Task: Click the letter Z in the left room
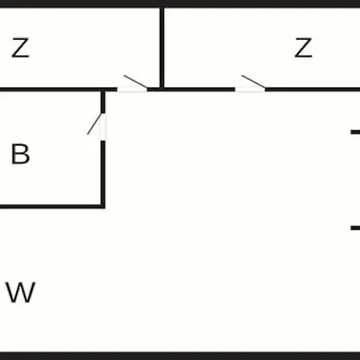point(20,48)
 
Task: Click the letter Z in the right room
point(303,48)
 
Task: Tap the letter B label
point(20,154)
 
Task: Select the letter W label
point(21,292)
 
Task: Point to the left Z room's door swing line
point(136,82)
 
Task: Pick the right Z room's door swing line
point(254,82)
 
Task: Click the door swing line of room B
point(94,124)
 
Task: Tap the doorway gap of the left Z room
point(132,90)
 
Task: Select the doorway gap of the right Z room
point(250,90)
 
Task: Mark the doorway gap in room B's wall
point(103,127)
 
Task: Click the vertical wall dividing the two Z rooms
point(162,48)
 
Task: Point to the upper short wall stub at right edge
point(355,132)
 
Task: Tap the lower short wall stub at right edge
point(355,228)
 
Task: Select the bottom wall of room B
point(53,206)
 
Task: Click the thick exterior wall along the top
point(180,4)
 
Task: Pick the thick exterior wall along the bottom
point(180,356)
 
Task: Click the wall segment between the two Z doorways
point(191,90)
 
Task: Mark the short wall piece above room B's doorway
point(103,102)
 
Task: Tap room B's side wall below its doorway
point(103,174)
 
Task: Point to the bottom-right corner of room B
point(103,206)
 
